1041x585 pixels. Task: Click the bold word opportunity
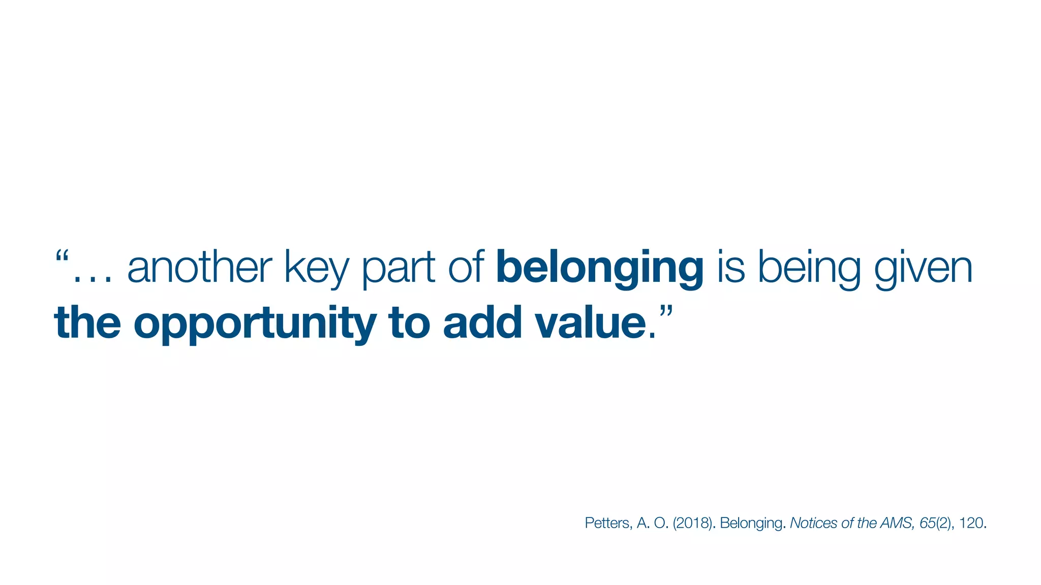[255, 324]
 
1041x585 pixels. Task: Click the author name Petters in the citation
[608, 523]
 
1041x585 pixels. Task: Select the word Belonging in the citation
[751, 524]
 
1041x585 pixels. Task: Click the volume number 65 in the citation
[928, 523]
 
